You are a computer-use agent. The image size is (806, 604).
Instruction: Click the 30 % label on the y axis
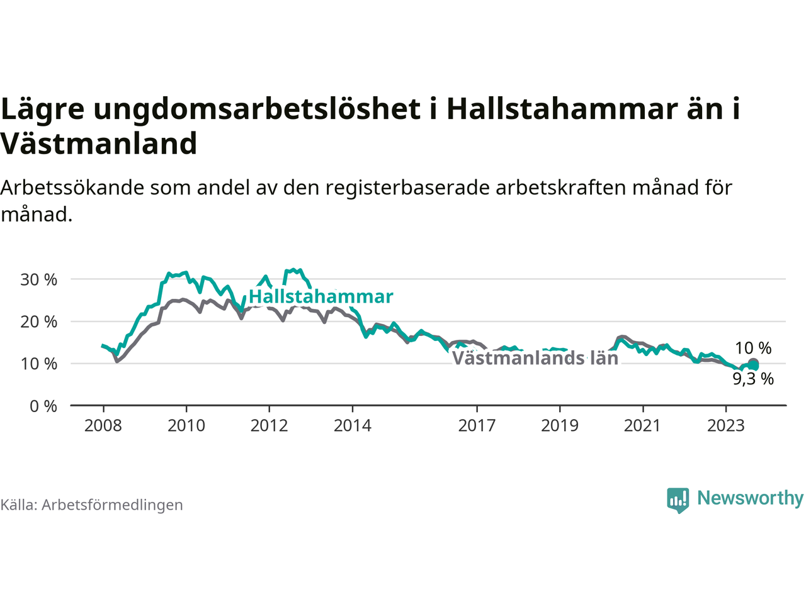point(38,280)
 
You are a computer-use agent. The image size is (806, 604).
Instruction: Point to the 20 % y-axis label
point(38,322)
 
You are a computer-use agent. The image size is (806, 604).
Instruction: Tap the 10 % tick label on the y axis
point(38,364)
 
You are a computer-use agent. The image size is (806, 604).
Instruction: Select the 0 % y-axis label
point(43,406)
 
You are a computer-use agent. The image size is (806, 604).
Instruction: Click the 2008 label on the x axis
point(103,426)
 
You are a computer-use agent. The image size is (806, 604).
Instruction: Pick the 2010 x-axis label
point(186,426)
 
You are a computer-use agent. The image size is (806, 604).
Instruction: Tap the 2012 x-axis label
point(269,426)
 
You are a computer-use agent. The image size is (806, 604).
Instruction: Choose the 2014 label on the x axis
point(353,426)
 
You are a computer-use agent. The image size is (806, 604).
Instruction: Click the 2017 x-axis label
point(477,426)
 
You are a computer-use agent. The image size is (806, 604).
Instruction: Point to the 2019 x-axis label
point(560,426)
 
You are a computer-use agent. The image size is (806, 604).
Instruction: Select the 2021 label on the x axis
point(643,426)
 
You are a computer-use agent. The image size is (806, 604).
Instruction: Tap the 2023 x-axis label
point(726,426)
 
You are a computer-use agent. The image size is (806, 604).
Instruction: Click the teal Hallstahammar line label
point(321,296)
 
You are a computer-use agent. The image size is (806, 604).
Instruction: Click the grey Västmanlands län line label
point(535,358)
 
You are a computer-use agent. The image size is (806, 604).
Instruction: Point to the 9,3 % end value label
point(753,379)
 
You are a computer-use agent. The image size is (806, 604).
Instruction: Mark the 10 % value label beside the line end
point(753,348)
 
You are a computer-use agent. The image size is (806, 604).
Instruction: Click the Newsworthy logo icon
point(678,500)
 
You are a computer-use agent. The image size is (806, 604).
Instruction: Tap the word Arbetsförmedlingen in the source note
point(112,505)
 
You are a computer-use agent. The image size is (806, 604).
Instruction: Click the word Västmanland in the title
point(98,143)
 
